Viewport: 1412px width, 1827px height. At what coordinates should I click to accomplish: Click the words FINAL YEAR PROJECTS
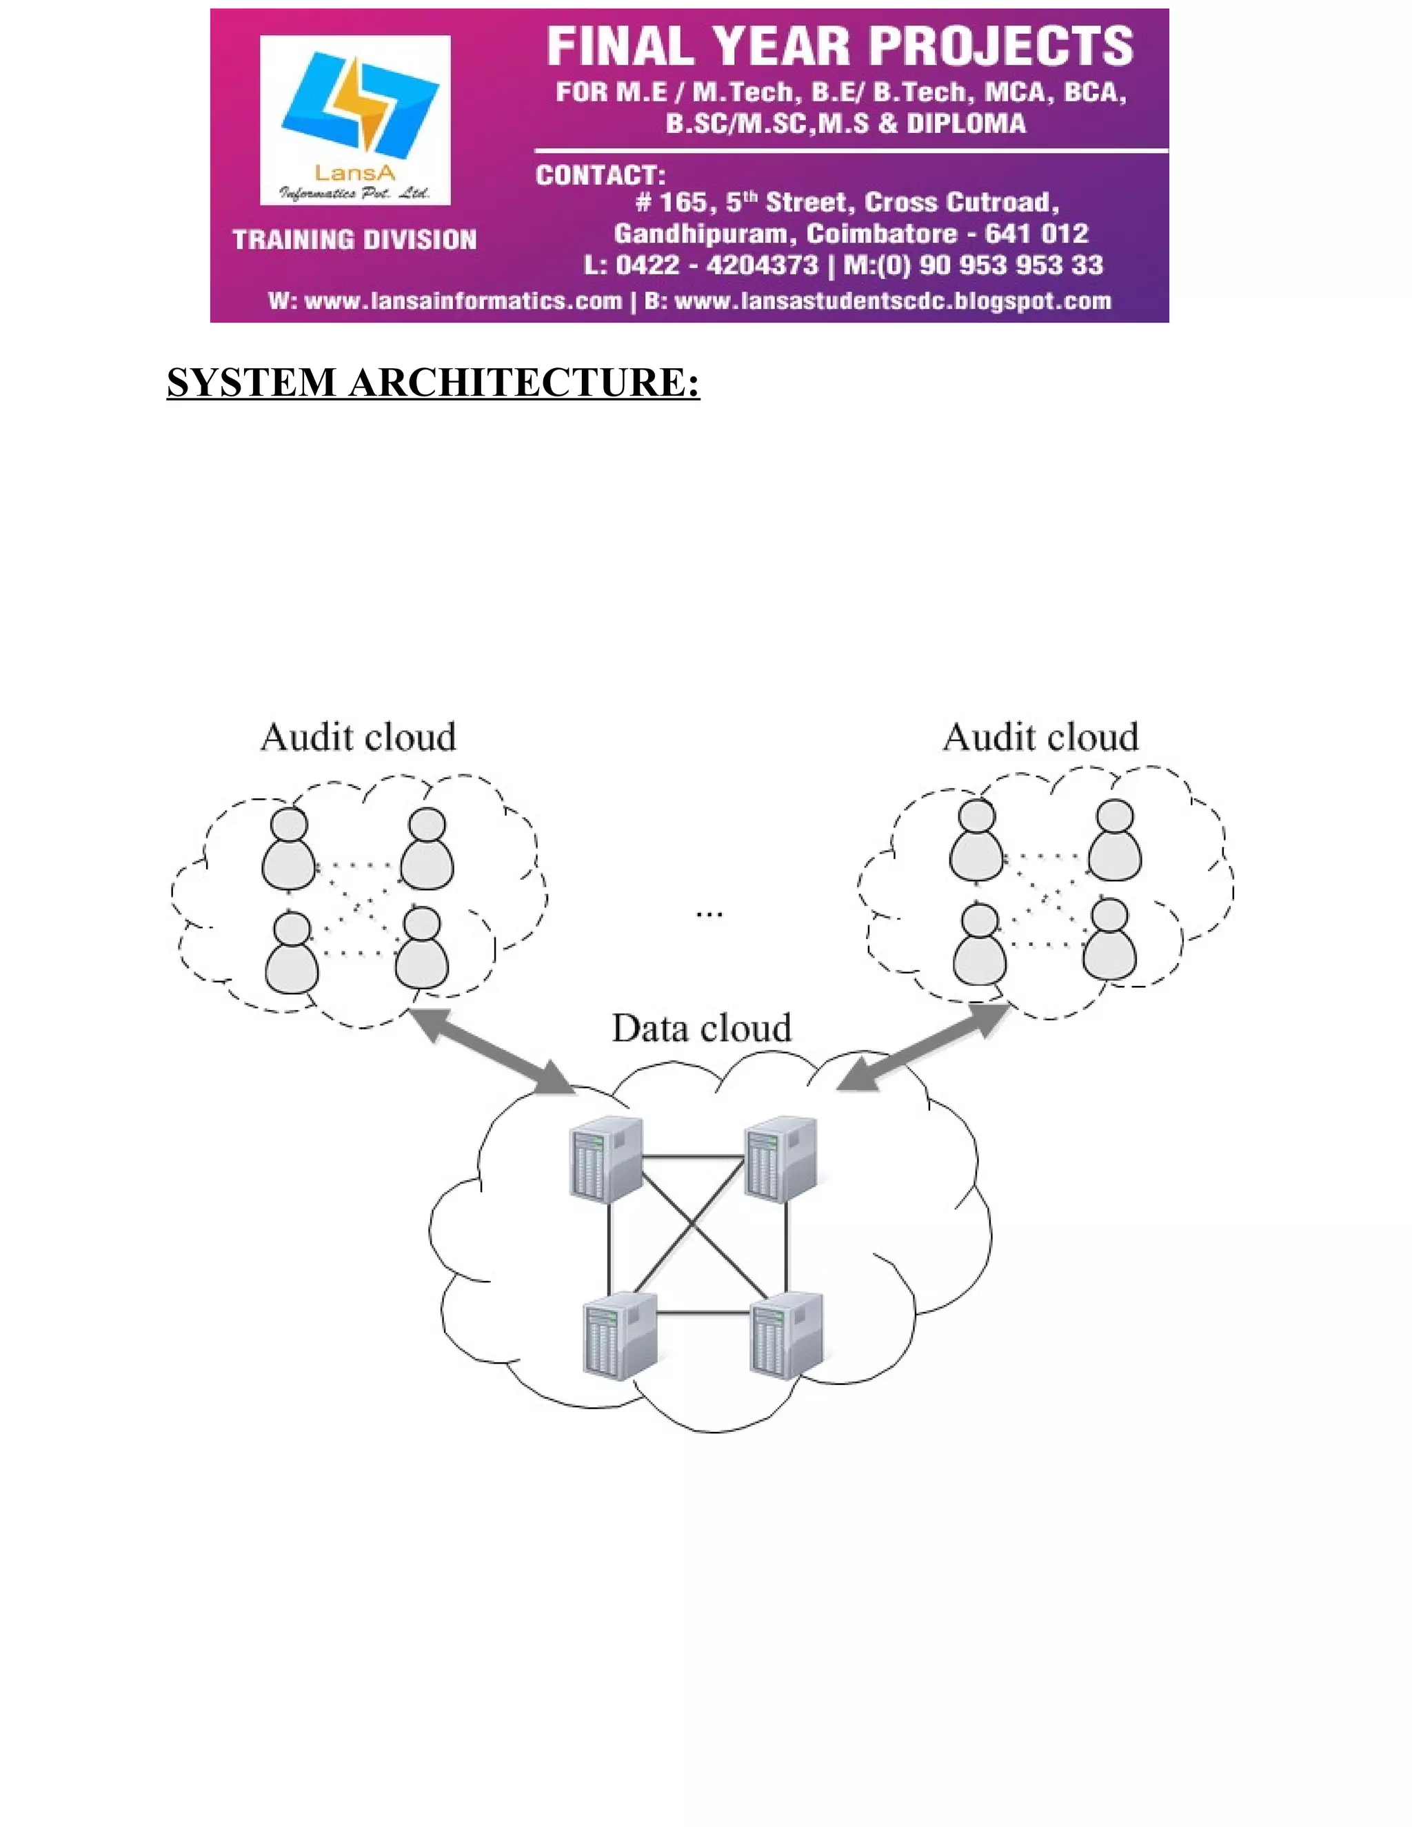(840, 47)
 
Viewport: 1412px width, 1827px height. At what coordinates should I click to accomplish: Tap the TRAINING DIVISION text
(354, 240)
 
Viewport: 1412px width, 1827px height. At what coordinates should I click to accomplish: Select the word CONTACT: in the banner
(601, 176)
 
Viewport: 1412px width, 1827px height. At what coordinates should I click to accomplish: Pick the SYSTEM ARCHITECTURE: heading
(432, 383)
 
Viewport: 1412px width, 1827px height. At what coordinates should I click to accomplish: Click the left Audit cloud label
(358, 738)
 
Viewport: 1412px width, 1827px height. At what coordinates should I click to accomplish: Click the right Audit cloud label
(1040, 738)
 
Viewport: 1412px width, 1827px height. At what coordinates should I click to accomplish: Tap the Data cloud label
(701, 1028)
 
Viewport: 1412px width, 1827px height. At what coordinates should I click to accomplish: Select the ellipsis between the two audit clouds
(709, 914)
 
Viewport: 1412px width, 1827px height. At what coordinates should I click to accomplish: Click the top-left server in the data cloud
(605, 1160)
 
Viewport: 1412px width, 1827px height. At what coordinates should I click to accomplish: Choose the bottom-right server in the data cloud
(786, 1334)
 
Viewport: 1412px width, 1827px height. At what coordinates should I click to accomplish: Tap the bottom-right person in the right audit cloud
(1110, 938)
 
